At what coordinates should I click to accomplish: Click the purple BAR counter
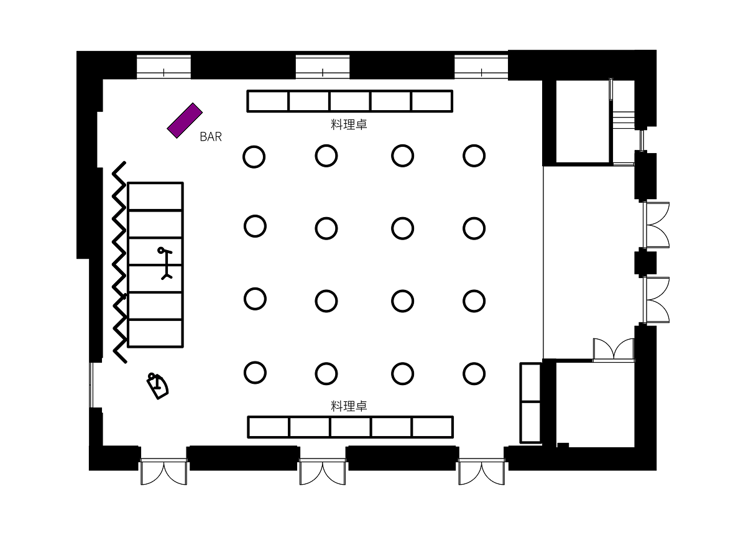pos(185,120)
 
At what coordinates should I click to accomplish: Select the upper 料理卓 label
pos(349,124)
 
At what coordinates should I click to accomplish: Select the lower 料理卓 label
pos(349,406)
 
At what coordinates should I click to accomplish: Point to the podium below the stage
pos(158,385)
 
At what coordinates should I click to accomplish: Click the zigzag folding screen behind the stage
pos(119,262)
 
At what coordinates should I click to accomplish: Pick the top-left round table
pos(254,157)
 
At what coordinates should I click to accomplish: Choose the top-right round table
pos(474,156)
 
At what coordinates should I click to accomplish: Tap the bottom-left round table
pos(255,373)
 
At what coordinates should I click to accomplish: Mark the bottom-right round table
pos(474,373)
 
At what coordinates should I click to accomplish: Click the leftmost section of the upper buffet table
pos(269,101)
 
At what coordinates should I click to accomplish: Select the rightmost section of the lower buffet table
pos(431,427)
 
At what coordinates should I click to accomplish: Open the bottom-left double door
pos(163,471)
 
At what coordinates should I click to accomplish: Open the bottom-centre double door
pos(323,471)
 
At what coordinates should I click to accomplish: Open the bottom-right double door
pos(481,471)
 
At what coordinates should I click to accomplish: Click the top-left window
pos(163,67)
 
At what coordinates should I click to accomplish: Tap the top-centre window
pos(323,67)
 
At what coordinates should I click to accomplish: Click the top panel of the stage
pos(155,197)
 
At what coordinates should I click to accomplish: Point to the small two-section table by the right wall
pos(530,402)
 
